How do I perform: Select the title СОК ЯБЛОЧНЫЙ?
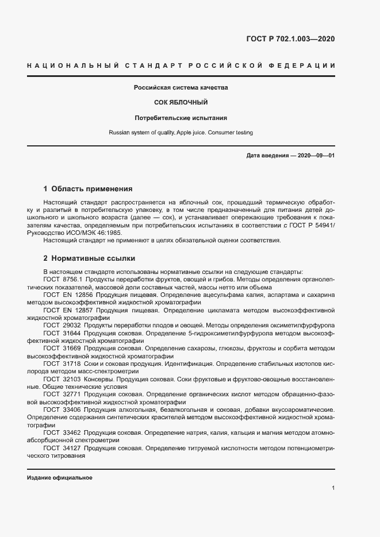pyautogui.click(x=181, y=102)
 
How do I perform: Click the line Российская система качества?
pyautogui.click(x=181, y=88)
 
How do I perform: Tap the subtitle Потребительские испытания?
pyautogui.click(x=181, y=118)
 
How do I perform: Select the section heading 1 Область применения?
pyautogui.click(x=88, y=188)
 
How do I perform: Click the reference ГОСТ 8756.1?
pyautogui.click(x=62, y=279)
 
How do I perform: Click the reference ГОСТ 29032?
pyautogui.click(x=59, y=324)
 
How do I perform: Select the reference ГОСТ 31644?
pyautogui.click(x=59, y=333)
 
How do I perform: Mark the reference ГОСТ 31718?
pyautogui.click(x=59, y=363)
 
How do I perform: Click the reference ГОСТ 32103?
pyautogui.click(x=59, y=378)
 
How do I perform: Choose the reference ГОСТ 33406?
pyautogui.click(x=59, y=409)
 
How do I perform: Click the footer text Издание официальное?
pyautogui.click(x=60, y=478)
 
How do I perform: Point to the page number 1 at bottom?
pyautogui.click(x=333, y=488)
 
